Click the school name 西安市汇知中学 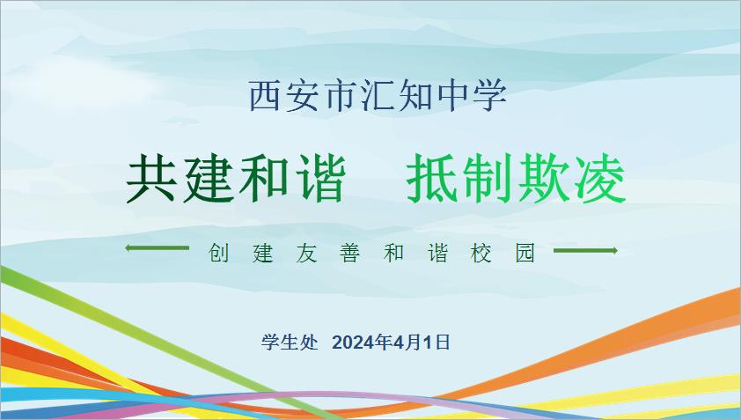378,96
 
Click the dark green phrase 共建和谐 236,179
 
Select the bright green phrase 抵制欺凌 516,179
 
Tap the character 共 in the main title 150,179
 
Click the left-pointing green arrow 158,247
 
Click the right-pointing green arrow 585,250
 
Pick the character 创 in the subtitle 219,253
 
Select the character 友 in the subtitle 307,253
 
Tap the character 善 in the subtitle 350,253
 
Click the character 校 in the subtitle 481,253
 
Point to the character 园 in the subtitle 525,253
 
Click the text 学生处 290,342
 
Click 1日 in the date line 436,343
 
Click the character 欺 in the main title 545,180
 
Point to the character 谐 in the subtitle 438,253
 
